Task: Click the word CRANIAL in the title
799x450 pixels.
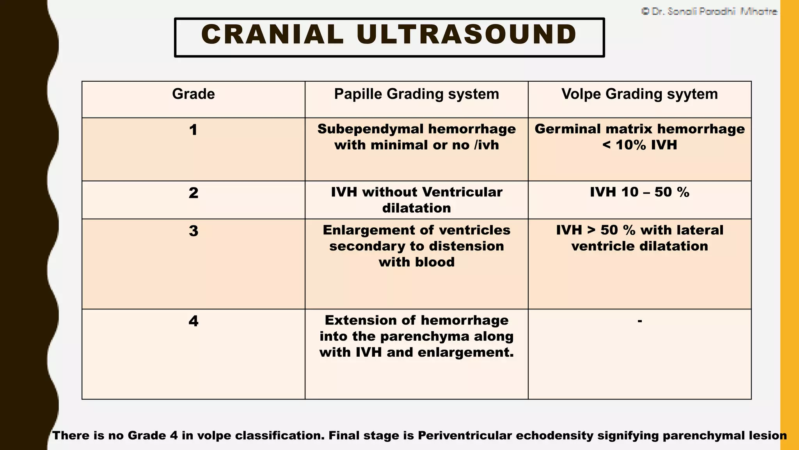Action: tap(272, 34)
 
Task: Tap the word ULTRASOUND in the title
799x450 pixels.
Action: tap(467, 34)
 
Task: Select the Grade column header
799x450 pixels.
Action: tap(193, 94)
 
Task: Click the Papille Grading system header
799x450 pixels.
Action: tap(416, 94)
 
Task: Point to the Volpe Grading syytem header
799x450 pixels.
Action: tap(639, 94)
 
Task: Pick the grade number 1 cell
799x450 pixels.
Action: tap(193, 130)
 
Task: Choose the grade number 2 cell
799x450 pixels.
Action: tap(193, 193)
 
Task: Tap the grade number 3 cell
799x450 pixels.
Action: tap(193, 231)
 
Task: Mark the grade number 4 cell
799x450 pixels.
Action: tap(193, 321)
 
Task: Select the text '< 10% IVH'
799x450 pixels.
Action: tap(639, 145)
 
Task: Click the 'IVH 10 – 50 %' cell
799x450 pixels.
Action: tap(639, 192)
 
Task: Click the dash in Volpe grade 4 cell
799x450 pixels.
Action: tap(639, 321)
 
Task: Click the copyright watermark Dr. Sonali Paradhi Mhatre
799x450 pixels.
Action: tap(709, 12)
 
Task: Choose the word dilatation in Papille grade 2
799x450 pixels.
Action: tap(416, 208)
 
